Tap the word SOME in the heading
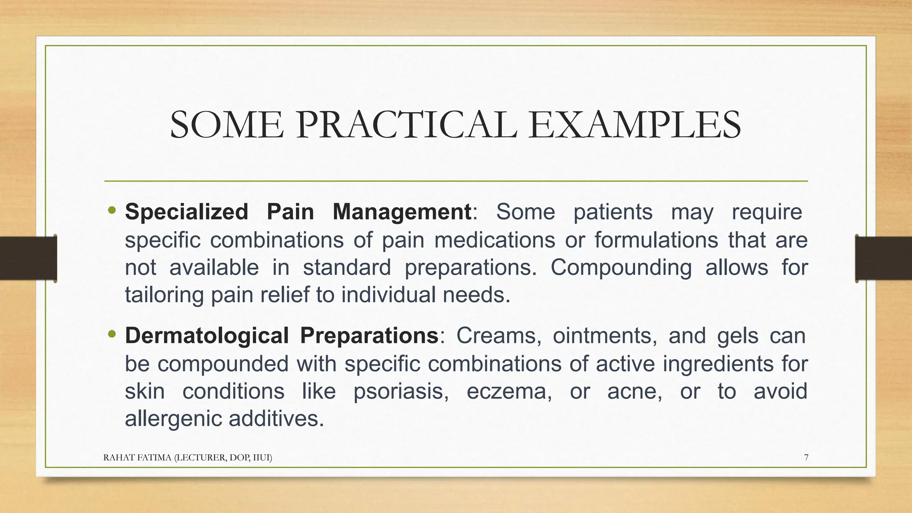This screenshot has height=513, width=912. click(227, 126)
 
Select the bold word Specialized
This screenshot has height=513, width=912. click(187, 212)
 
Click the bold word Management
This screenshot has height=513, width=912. click(402, 212)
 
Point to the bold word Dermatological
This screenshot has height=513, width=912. click(207, 336)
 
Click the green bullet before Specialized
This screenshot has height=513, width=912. click(112, 210)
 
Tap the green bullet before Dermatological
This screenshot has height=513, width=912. click(112, 334)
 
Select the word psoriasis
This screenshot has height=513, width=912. click(401, 392)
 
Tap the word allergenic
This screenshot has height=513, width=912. click(173, 419)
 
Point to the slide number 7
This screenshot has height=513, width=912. click(806, 457)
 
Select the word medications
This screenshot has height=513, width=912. click(494, 240)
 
